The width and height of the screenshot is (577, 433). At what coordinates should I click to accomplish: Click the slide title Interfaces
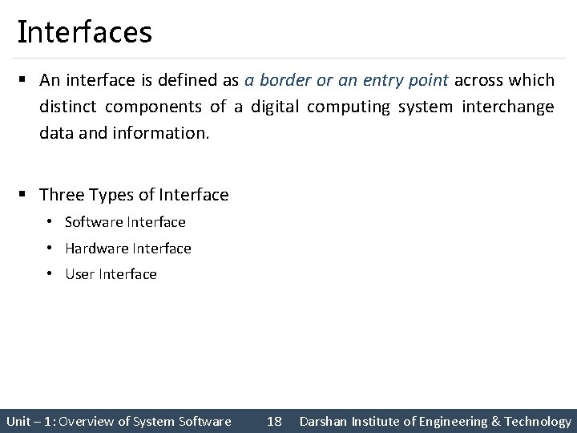tap(84, 33)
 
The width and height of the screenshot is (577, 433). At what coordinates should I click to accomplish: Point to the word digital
tap(273, 107)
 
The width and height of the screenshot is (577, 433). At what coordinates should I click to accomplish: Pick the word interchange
tap(507, 107)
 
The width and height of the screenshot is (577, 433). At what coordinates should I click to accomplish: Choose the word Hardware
tap(95, 249)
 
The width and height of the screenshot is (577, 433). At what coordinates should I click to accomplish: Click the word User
tap(79, 274)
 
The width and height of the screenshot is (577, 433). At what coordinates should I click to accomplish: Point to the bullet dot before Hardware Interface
tap(50, 249)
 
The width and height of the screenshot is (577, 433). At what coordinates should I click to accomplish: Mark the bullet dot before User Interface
tap(50, 274)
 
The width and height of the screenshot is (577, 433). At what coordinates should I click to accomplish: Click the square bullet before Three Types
tap(26, 195)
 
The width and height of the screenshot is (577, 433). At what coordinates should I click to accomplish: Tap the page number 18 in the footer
tap(274, 421)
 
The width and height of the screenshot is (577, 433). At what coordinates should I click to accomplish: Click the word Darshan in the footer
tap(322, 421)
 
